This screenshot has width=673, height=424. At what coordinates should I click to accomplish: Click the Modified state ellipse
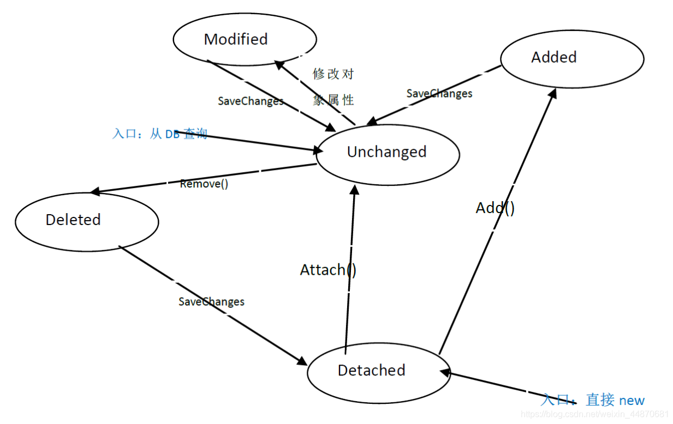click(x=245, y=39)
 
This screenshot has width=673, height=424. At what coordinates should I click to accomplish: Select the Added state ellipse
click(x=572, y=58)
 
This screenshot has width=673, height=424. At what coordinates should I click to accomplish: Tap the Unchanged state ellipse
click(x=388, y=152)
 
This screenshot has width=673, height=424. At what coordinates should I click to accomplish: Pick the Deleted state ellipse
click(x=87, y=220)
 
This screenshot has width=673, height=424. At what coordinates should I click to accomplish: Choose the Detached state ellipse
click(x=379, y=371)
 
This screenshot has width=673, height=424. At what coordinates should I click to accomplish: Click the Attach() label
click(x=328, y=270)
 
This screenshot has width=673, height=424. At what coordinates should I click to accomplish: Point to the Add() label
click(x=495, y=208)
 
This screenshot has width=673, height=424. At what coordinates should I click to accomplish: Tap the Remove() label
click(x=204, y=184)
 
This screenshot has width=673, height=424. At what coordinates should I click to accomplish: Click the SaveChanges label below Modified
click(x=251, y=101)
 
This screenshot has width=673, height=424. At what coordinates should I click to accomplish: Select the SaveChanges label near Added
click(x=439, y=94)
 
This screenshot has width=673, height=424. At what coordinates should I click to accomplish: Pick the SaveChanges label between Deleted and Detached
click(x=211, y=301)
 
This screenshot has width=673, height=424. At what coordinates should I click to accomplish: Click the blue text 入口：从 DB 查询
click(x=160, y=134)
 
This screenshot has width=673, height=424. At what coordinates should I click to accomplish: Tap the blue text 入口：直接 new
click(x=593, y=400)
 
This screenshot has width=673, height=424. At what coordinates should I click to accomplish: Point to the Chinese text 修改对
click(x=333, y=74)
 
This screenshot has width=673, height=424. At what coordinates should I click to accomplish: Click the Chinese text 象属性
click(x=333, y=100)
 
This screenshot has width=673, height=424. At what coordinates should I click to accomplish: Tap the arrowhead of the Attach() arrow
click(x=355, y=189)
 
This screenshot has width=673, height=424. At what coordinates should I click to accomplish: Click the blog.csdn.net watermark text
click(x=595, y=415)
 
